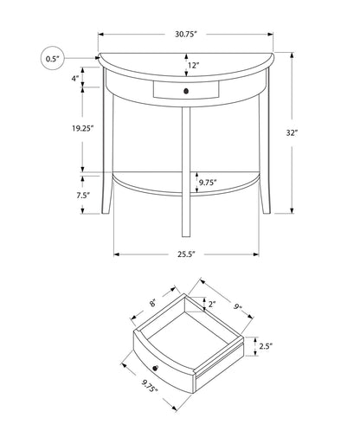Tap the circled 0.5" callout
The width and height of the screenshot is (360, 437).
(53, 60)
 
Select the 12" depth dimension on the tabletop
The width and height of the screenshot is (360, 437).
(191, 66)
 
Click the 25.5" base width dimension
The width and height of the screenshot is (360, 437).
(186, 254)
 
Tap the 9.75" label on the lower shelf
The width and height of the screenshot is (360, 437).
(207, 183)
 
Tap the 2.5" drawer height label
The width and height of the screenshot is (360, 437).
(266, 347)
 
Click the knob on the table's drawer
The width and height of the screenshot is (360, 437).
(185, 89)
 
